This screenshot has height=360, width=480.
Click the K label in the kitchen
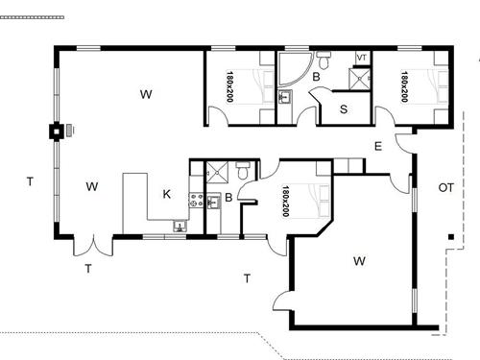tap(166, 195)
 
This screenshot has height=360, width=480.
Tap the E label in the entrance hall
tap(378, 146)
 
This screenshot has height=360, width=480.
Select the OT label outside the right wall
tap(446, 186)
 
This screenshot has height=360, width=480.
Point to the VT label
tap(362, 59)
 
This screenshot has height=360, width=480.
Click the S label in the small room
tap(345, 108)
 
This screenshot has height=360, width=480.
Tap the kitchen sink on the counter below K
tap(180, 227)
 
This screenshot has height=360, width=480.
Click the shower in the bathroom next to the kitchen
tap(217, 173)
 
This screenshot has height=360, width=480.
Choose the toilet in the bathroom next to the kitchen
tap(242, 170)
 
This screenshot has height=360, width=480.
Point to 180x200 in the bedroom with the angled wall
tap(285, 203)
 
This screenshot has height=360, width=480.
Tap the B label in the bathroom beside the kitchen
tap(228, 199)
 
